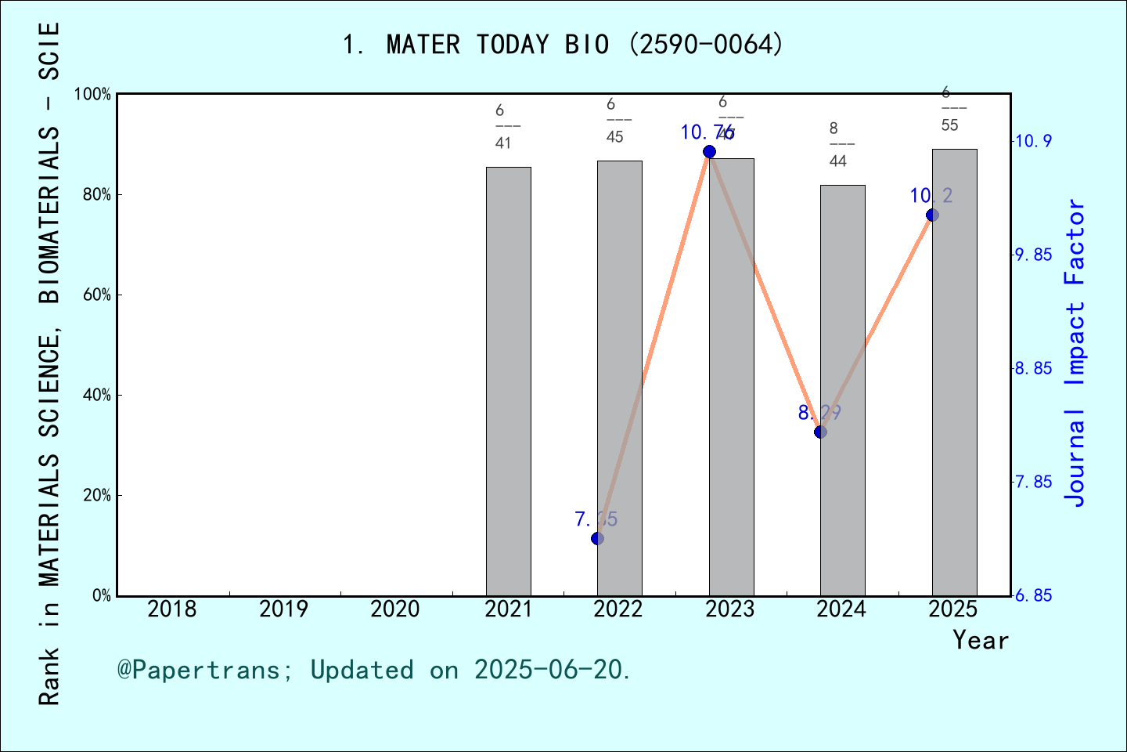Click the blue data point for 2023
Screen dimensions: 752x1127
click(709, 151)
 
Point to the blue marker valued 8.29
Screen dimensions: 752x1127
click(820, 432)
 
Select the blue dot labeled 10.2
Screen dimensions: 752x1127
click(932, 215)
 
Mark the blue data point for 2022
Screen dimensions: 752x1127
click(598, 538)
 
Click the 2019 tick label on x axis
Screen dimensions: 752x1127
click(283, 609)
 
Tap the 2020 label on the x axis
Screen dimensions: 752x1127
click(395, 609)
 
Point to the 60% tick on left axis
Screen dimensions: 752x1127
click(97, 295)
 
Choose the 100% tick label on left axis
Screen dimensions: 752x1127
click(93, 95)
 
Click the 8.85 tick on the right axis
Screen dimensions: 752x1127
click(1033, 369)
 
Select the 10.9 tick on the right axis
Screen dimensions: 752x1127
click(1033, 142)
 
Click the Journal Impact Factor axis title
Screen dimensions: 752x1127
click(1075, 352)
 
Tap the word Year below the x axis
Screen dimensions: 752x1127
click(981, 640)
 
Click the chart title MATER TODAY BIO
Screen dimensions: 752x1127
click(563, 45)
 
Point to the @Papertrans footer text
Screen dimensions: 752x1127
click(374, 670)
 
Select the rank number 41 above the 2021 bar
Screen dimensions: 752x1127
click(503, 143)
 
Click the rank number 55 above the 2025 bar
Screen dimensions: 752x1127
click(949, 125)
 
